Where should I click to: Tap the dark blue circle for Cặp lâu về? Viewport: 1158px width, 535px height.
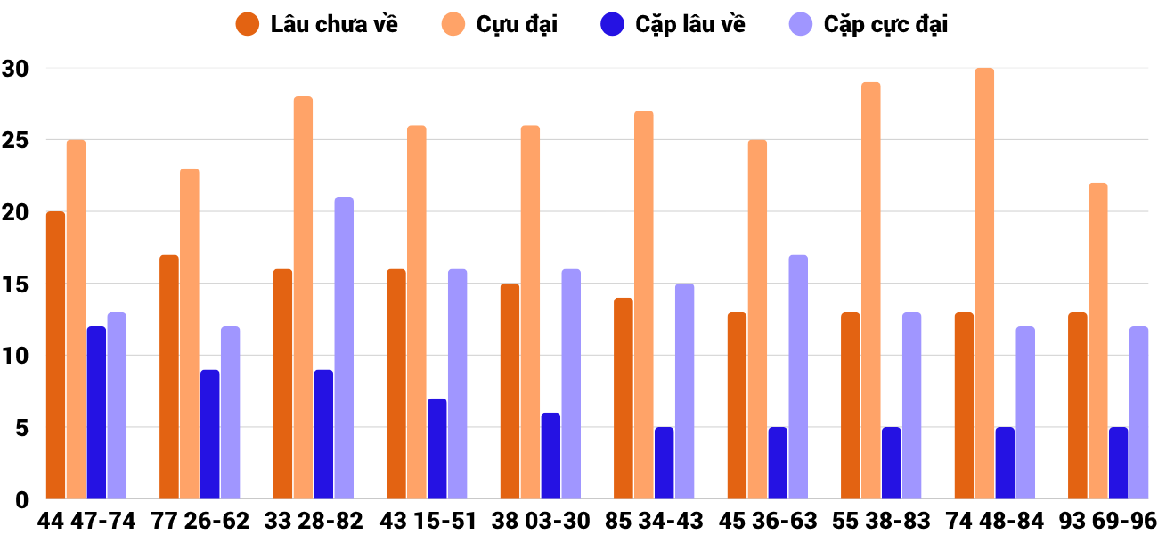click(612, 24)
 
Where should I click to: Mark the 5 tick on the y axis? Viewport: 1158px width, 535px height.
click(21, 428)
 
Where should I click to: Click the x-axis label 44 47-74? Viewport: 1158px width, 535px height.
click(86, 521)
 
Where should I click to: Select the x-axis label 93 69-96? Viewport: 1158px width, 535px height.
click(1108, 521)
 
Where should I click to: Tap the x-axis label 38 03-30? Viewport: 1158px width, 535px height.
click(541, 521)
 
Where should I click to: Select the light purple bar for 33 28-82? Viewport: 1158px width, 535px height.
click(344, 348)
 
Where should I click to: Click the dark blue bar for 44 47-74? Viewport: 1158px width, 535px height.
click(96, 413)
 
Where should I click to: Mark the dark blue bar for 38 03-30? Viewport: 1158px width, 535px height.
click(550, 456)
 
